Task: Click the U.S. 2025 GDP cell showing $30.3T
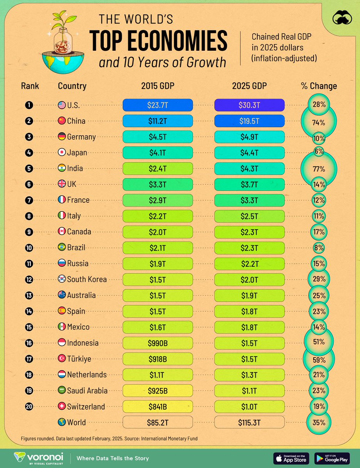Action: pyautogui.click(x=249, y=105)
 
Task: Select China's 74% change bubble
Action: pyautogui.click(x=319, y=122)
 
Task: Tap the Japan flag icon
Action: pyautogui.click(x=61, y=152)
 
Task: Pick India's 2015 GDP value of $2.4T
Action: pyautogui.click(x=158, y=168)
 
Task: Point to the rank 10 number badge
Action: pyautogui.click(x=29, y=248)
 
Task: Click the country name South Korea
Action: pyautogui.click(x=87, y=279)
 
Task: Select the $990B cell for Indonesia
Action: pyautogui.click(x=158, y=343)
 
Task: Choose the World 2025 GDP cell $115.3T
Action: pyautogui.click(x=249, y=422)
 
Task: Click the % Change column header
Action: pyautogui.click(x=319, y=86)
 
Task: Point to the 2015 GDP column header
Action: pyautogui.click(x=158, y=86)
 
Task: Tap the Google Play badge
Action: pyautogui.click(x=332, y=458)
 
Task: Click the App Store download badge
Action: pyautogui.click(x=291, y=458)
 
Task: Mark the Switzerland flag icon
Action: pyautogui.click(x=61, y=406)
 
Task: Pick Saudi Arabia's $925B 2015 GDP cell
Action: pyautogui.click(x=158, y=390)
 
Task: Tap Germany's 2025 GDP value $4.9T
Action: pyautogui.click(x=249, y=136)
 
